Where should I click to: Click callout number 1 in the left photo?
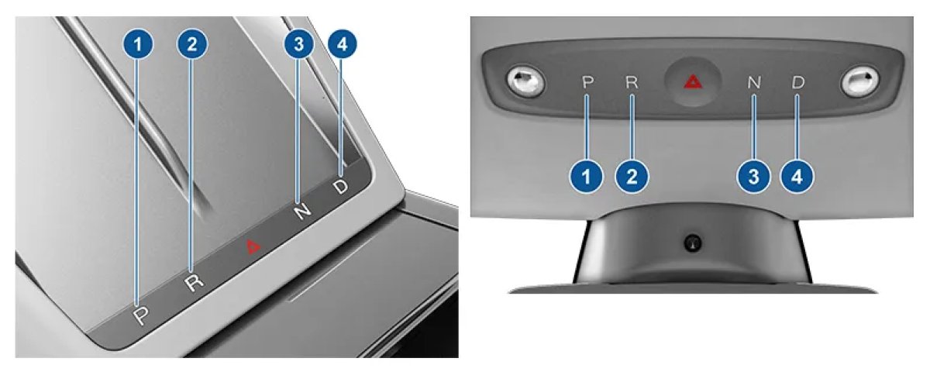(x=138, y=44)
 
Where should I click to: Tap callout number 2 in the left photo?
(x=192, y=44)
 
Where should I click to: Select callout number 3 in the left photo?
(x=298, y=44)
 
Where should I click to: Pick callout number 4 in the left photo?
(x=342, y=44)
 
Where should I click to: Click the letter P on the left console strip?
(x=142, y=315)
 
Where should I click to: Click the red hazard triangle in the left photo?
(x=252, y=246)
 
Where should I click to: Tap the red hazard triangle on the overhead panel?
(x=693, y=82)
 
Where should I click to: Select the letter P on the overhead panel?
(x=587, y=82)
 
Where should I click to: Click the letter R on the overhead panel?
(x=632, y=82)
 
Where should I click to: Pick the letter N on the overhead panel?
(x=754, y=82)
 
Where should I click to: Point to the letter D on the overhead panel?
(x=798, y=82)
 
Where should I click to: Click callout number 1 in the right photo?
(x=586, y=177)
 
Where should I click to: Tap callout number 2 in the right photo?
(x=632, y=177)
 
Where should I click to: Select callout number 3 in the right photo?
(x=753, y=177)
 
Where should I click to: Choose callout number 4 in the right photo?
(x=797, y=177)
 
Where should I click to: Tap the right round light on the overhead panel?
(x=859, y=81)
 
